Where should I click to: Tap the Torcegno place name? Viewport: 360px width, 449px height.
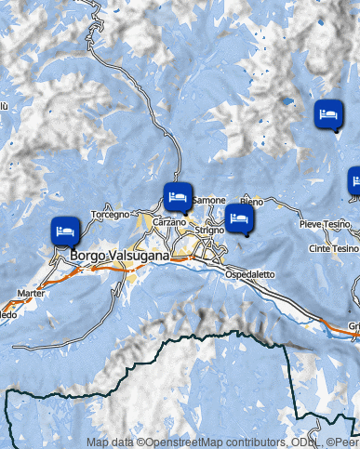[111, 215]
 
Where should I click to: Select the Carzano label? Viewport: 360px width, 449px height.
[170, 223]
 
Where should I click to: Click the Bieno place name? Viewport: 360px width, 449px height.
[251, 202]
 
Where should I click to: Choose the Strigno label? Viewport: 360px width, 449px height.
[211, 231]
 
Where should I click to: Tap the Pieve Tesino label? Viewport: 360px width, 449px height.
[324, 225]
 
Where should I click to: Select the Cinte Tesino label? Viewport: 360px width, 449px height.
[332, 249]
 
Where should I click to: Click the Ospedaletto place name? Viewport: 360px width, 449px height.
[250, 274]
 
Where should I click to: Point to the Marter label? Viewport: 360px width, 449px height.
[31, 293]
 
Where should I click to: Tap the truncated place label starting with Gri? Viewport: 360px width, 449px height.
[353, 325]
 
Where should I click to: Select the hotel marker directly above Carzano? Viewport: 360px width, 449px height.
[178, 196]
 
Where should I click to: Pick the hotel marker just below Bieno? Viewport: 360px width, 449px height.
[240, 219]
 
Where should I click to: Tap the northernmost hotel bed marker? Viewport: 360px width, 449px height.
[327, 114]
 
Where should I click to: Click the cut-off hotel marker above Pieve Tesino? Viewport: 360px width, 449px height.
[354, 180]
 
